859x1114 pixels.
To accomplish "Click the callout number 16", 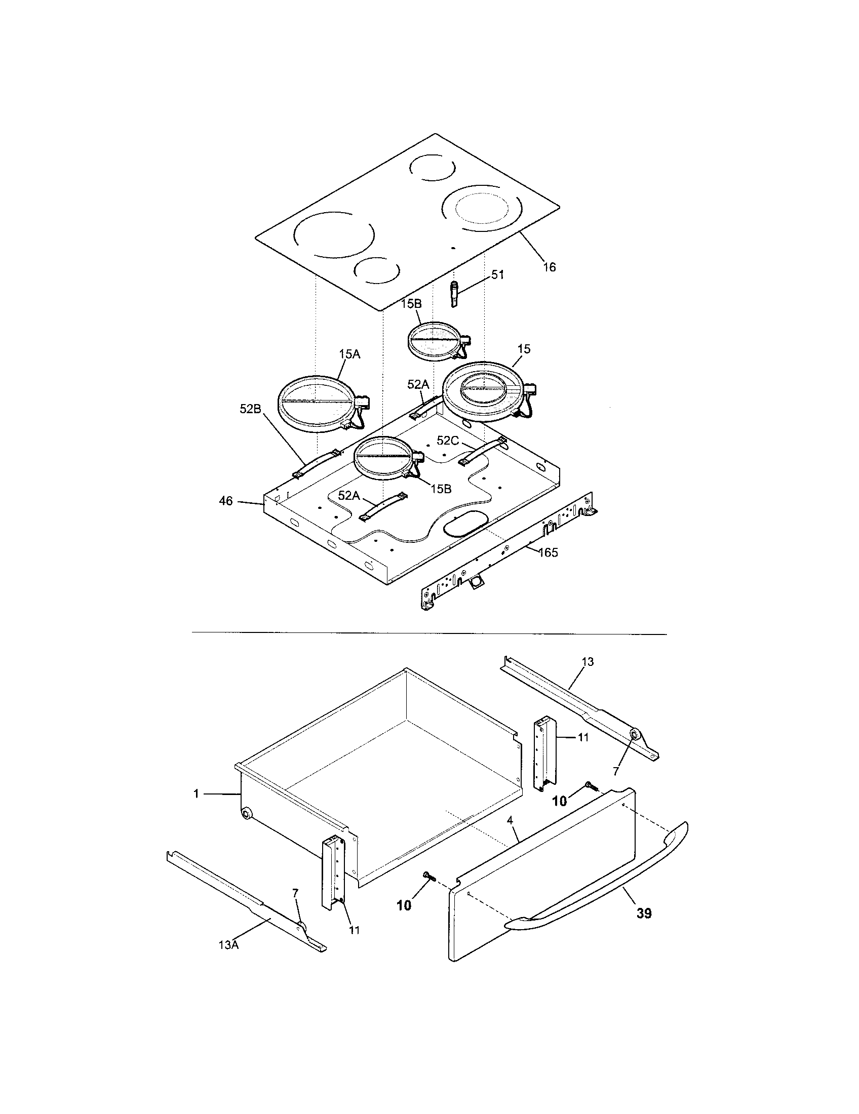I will pos(549,267).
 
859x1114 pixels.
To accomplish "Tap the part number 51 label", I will pos(497,274).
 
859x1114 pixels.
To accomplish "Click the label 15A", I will pos(349,354).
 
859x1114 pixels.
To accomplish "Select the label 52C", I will pos(447,440).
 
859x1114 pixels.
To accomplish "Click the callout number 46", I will pos(226,501).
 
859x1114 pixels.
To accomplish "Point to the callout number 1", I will pos(196,794).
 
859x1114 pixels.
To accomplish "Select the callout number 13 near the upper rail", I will pos(588,662).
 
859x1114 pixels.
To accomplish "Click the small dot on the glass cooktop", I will pos(453,248).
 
